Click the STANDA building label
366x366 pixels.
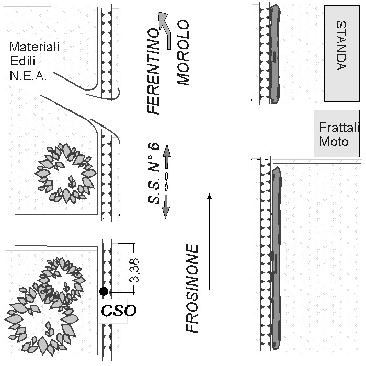coord(341,46)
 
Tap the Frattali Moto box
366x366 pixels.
coord(337,133)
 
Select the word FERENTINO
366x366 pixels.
coord(153,72)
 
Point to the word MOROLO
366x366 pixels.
coord(183,52)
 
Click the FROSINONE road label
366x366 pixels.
coord(192,288)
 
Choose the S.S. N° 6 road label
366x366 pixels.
coord(154,173)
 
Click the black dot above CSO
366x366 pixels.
coord(104,291)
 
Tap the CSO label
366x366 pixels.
coord(119,311)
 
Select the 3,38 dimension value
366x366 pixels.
coord(134,270)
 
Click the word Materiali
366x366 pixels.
coord(34,47)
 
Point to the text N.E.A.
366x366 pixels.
coord(28,76)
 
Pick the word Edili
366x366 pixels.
coord(22,61)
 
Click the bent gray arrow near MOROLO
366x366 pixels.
coord(166,30)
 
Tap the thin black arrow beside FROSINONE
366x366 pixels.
coord(209,242)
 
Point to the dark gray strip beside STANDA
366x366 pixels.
coord(274,54)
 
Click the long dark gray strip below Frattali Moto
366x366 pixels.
coord(277,258)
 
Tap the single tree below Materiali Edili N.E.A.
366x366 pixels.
coord(65,174)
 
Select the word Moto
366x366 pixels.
coord(334,142)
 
